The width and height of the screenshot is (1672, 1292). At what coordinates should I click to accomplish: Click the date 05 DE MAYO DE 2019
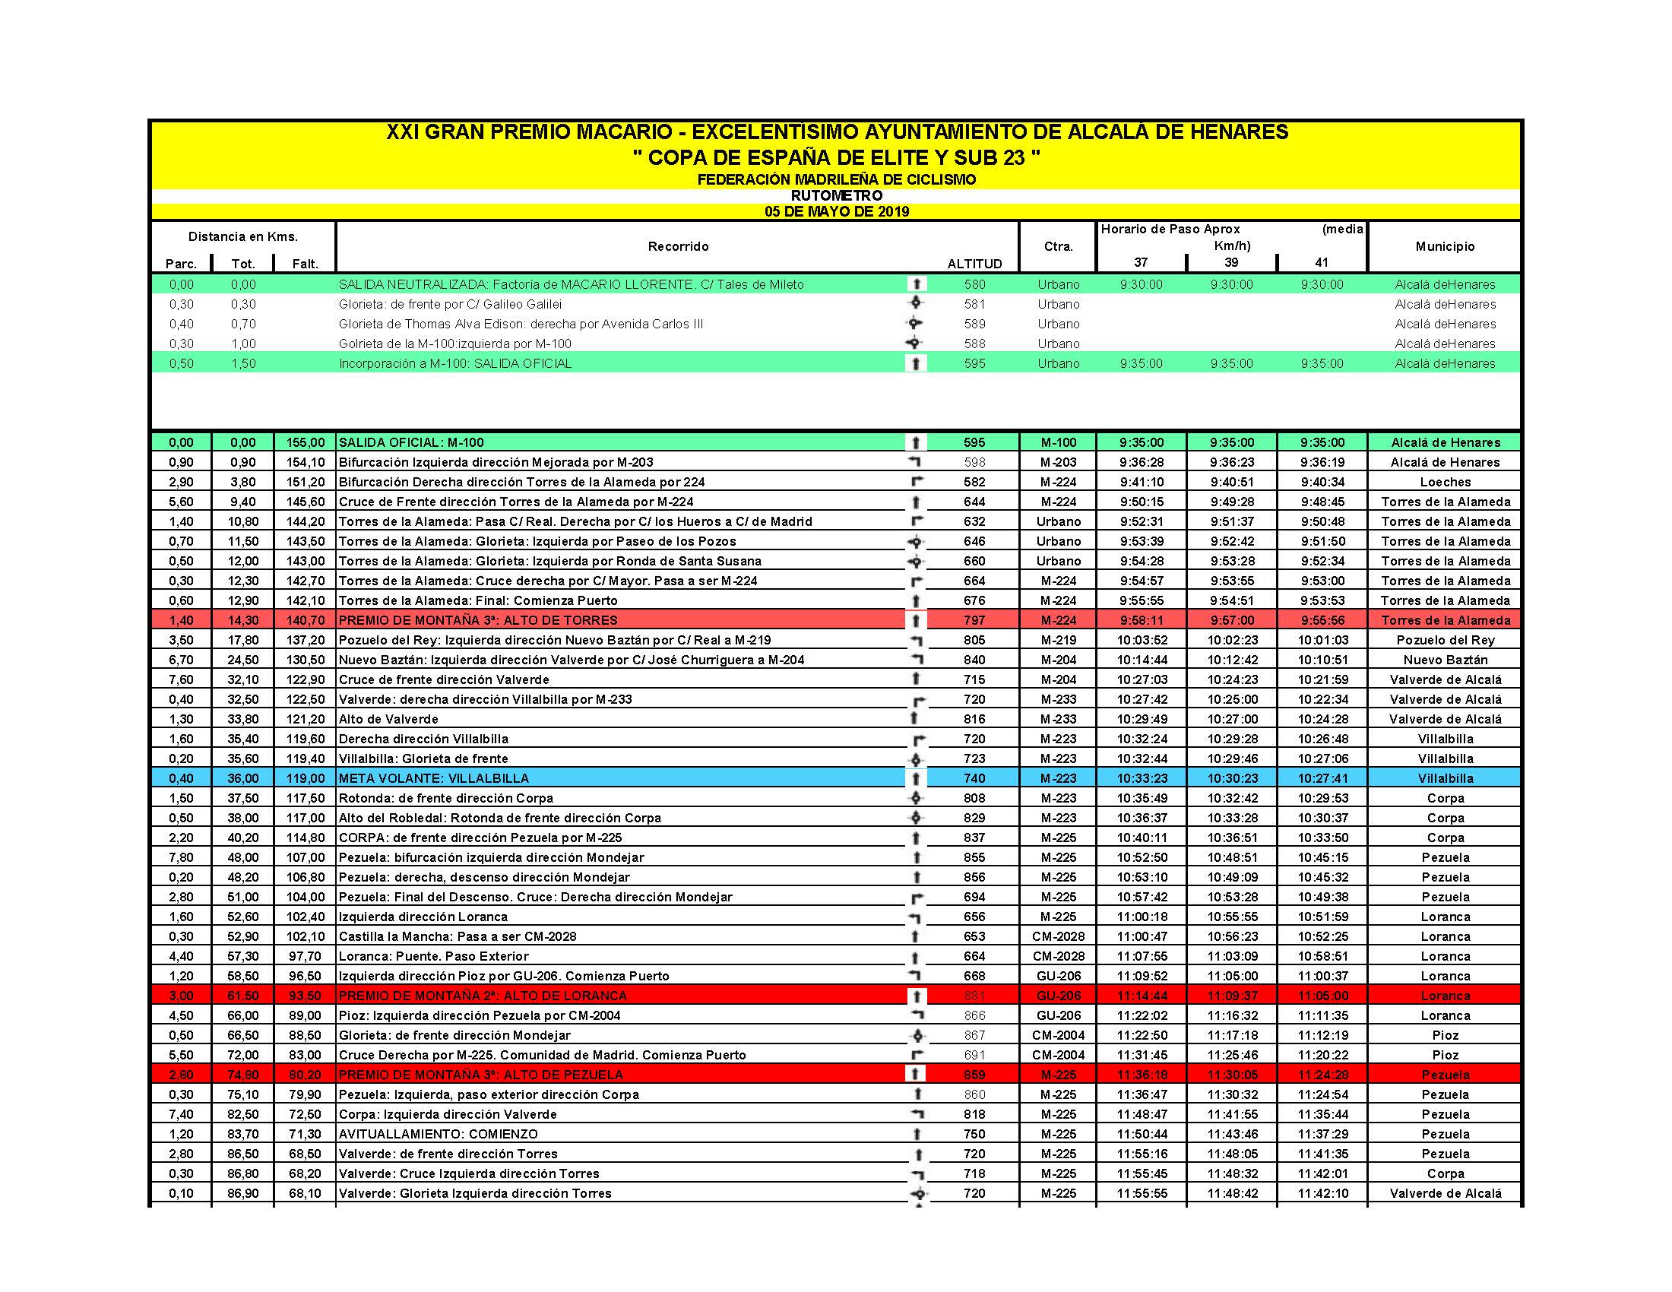pos(836,211)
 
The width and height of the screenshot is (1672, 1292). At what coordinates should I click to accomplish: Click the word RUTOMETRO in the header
pos(836,195)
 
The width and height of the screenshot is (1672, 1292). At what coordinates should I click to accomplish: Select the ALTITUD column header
pos(974,264)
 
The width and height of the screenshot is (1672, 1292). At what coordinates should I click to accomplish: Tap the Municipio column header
pos(1444,246)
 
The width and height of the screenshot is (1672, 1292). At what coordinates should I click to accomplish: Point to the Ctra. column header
pos(1058,246)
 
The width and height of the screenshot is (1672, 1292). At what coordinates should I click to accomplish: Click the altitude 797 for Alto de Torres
pos(974,620)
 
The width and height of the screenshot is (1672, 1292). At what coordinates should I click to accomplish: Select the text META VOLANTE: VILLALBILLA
pos(433,778)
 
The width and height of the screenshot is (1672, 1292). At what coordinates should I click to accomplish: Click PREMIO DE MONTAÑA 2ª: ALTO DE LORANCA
pos(483,996)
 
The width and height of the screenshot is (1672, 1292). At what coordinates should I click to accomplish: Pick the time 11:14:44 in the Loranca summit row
pos(1142,996)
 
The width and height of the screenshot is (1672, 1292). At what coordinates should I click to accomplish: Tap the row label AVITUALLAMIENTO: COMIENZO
pos(438,1135)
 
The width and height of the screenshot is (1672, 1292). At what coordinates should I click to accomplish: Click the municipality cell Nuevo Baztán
pos(1445,660)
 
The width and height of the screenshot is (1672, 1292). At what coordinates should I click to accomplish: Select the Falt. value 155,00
pos(306,442)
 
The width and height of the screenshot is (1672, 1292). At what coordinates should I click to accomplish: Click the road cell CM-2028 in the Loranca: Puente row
pos(1058,956)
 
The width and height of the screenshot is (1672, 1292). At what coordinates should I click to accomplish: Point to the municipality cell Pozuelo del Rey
pos(1445,640)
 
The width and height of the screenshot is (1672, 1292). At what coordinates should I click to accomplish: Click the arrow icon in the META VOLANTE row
pos(916,778)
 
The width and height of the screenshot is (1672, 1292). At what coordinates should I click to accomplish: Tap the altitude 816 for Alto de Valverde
pos(974,719)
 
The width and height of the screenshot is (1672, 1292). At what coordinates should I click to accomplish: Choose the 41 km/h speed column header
pos(1322,262)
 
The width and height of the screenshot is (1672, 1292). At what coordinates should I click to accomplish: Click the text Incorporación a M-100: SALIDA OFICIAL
pos(454,363)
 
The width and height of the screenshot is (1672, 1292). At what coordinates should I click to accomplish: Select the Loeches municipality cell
pos(1445,482)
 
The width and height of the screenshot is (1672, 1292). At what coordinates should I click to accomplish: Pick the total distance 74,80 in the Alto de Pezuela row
pos(242,1075)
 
